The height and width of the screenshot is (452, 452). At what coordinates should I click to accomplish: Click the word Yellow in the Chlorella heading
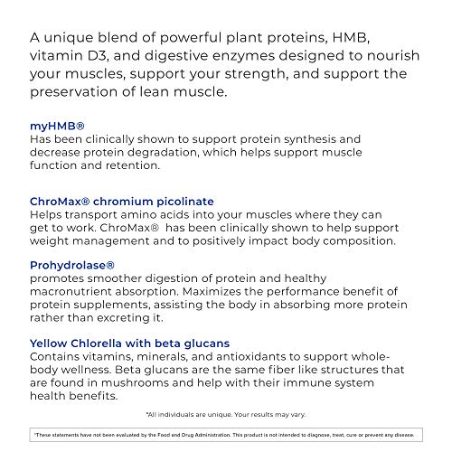pos(52,343)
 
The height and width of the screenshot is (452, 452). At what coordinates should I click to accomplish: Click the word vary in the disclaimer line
pos(298,413)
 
